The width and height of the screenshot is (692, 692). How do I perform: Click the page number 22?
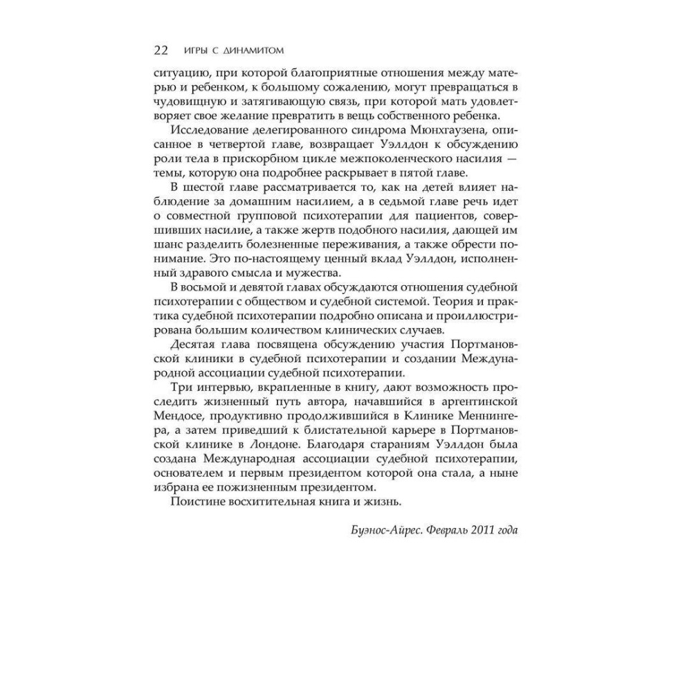[x=160, y=51]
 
